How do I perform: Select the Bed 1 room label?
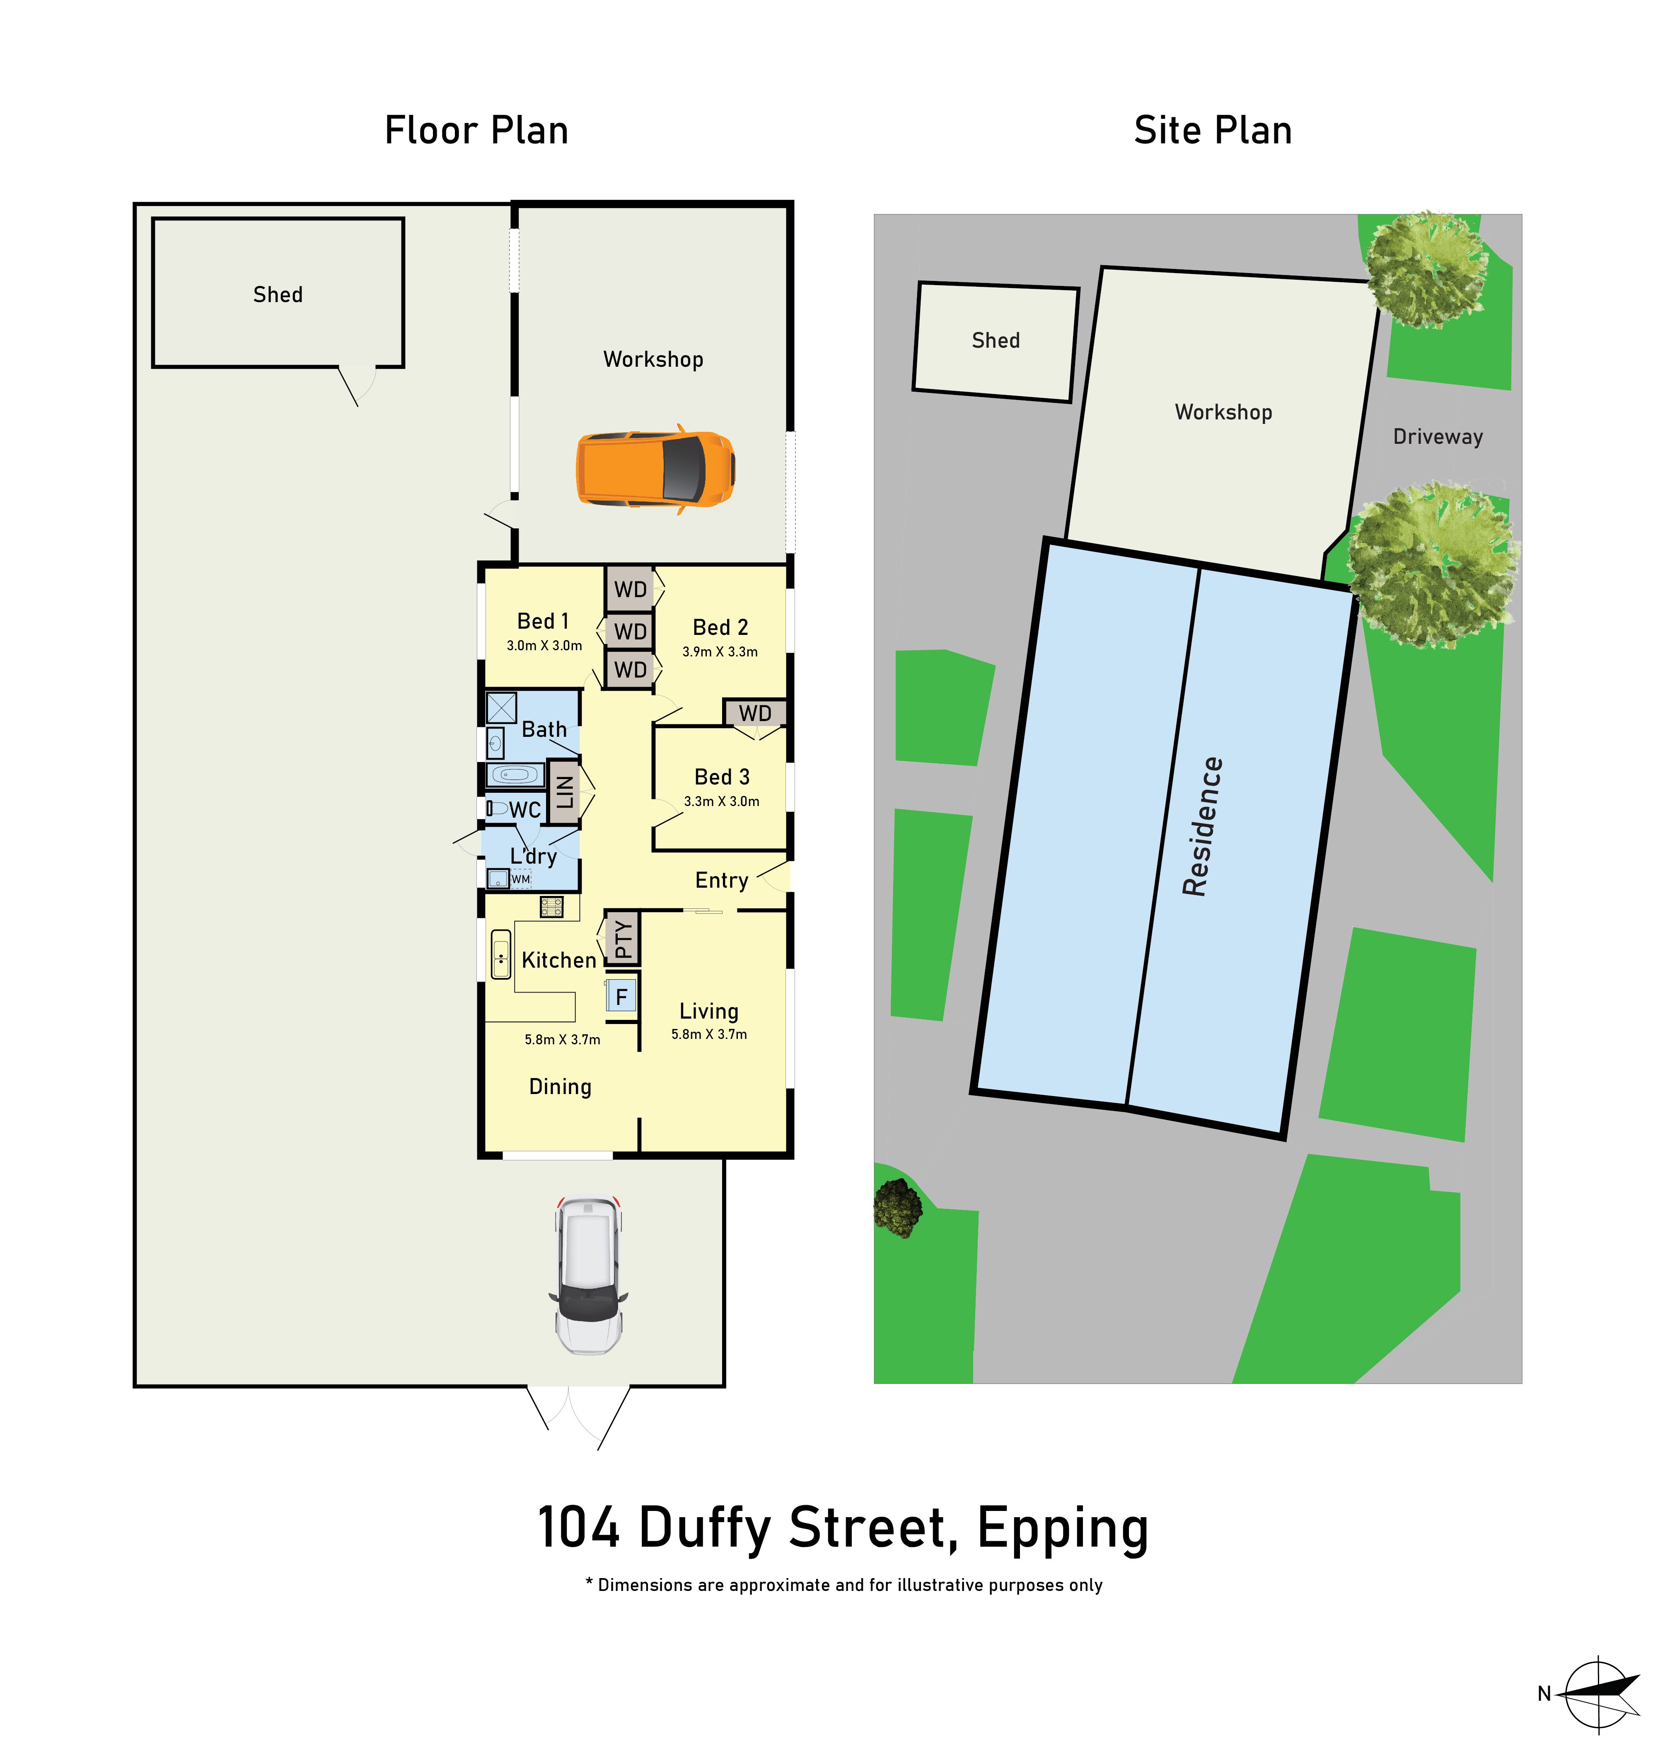543,622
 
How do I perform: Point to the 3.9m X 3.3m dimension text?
720,652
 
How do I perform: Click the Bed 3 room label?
722,777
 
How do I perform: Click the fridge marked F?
621,996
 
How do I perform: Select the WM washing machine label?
521,879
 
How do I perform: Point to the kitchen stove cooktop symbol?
551,907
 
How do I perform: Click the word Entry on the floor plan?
722,881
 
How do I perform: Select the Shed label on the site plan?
996,340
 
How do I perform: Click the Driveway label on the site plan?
1438,436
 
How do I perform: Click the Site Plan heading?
1213,131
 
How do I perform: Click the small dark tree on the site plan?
897,1207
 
